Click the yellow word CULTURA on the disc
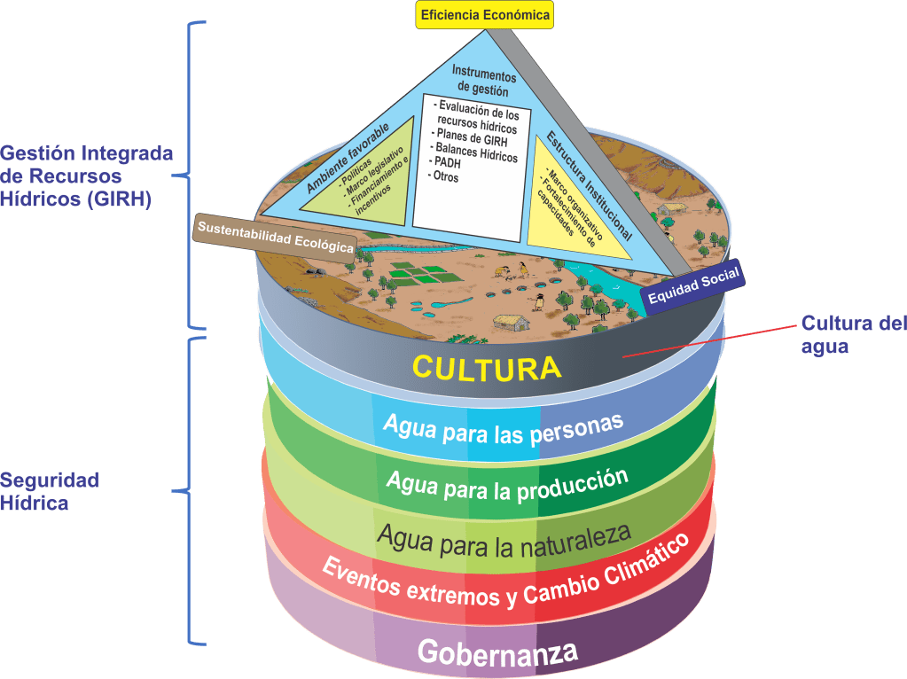(x=488, y=367)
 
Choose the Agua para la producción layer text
(x=507, y=484)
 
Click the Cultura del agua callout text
(x=847, y=334)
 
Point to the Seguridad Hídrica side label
(x=49, y=491)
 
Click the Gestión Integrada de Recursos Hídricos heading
(x=86, y=176)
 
